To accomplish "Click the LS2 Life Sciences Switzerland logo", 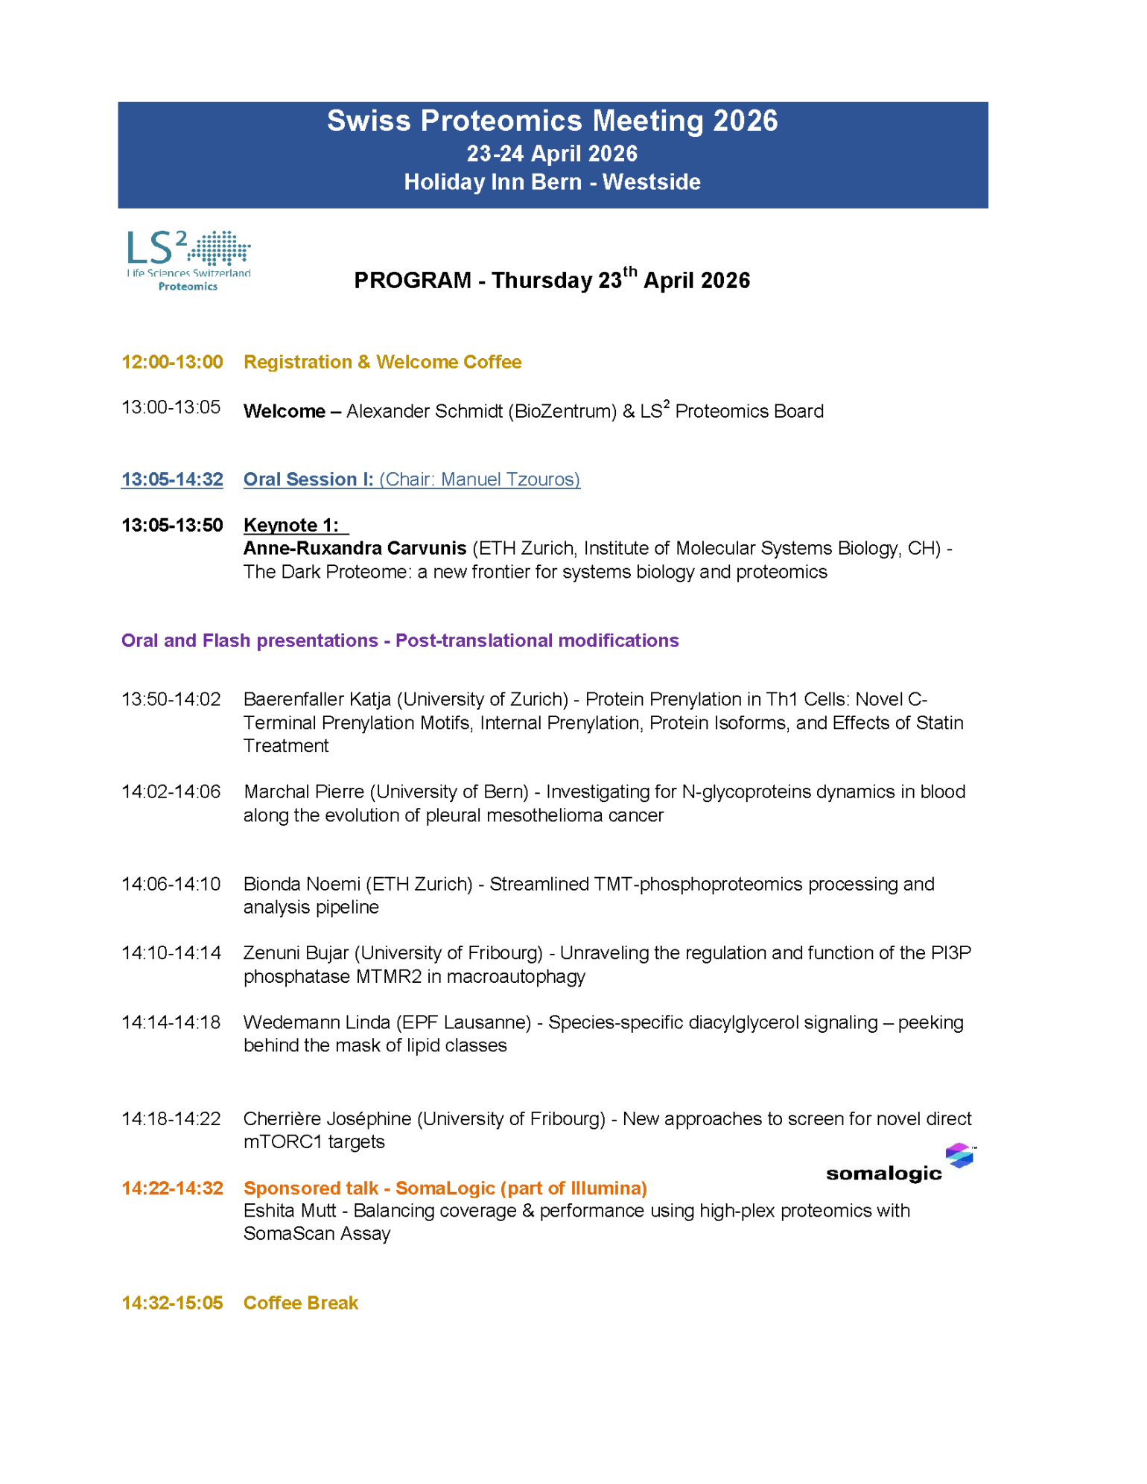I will tap(188, 260).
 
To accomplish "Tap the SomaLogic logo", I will tap(900, 1164).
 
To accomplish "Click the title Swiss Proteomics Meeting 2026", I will tap(552, 121).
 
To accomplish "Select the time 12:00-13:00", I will tap(172, 362).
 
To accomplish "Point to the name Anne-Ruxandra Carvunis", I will tap(355, 548).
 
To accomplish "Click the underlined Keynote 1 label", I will tap(291, 525).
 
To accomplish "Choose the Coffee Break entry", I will tap(300, 1302).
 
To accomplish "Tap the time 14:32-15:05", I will tap(172, 1302).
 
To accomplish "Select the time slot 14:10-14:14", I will tap(171, 952).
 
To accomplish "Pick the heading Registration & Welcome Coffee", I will tap(382, 362).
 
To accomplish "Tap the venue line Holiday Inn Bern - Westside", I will tap(552, 182).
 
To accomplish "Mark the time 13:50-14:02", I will tap(171, 698).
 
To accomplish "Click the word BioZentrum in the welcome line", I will tap(562, 411).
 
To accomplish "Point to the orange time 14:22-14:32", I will tap(172, 1188).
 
